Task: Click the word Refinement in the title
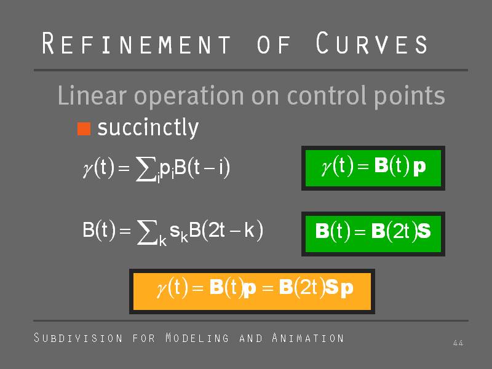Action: coord(137,43)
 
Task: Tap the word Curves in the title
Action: coord(371,43)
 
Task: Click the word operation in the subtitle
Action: coord(189,96)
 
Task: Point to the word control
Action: coord(327,95)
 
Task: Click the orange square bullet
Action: coord(84,129)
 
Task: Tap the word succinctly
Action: coord(148,128)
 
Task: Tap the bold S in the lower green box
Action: coord(424,231)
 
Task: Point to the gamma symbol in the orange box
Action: coord(162,289)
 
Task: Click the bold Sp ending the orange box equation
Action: coord(339,288)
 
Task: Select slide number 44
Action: coord(458,343)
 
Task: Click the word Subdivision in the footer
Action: coord(78,338)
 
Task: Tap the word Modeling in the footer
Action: coord(197,338)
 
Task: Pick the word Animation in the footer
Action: coord(308,338)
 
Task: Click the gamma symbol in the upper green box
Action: coord(327,167)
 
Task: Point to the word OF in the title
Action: coord(274,44)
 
